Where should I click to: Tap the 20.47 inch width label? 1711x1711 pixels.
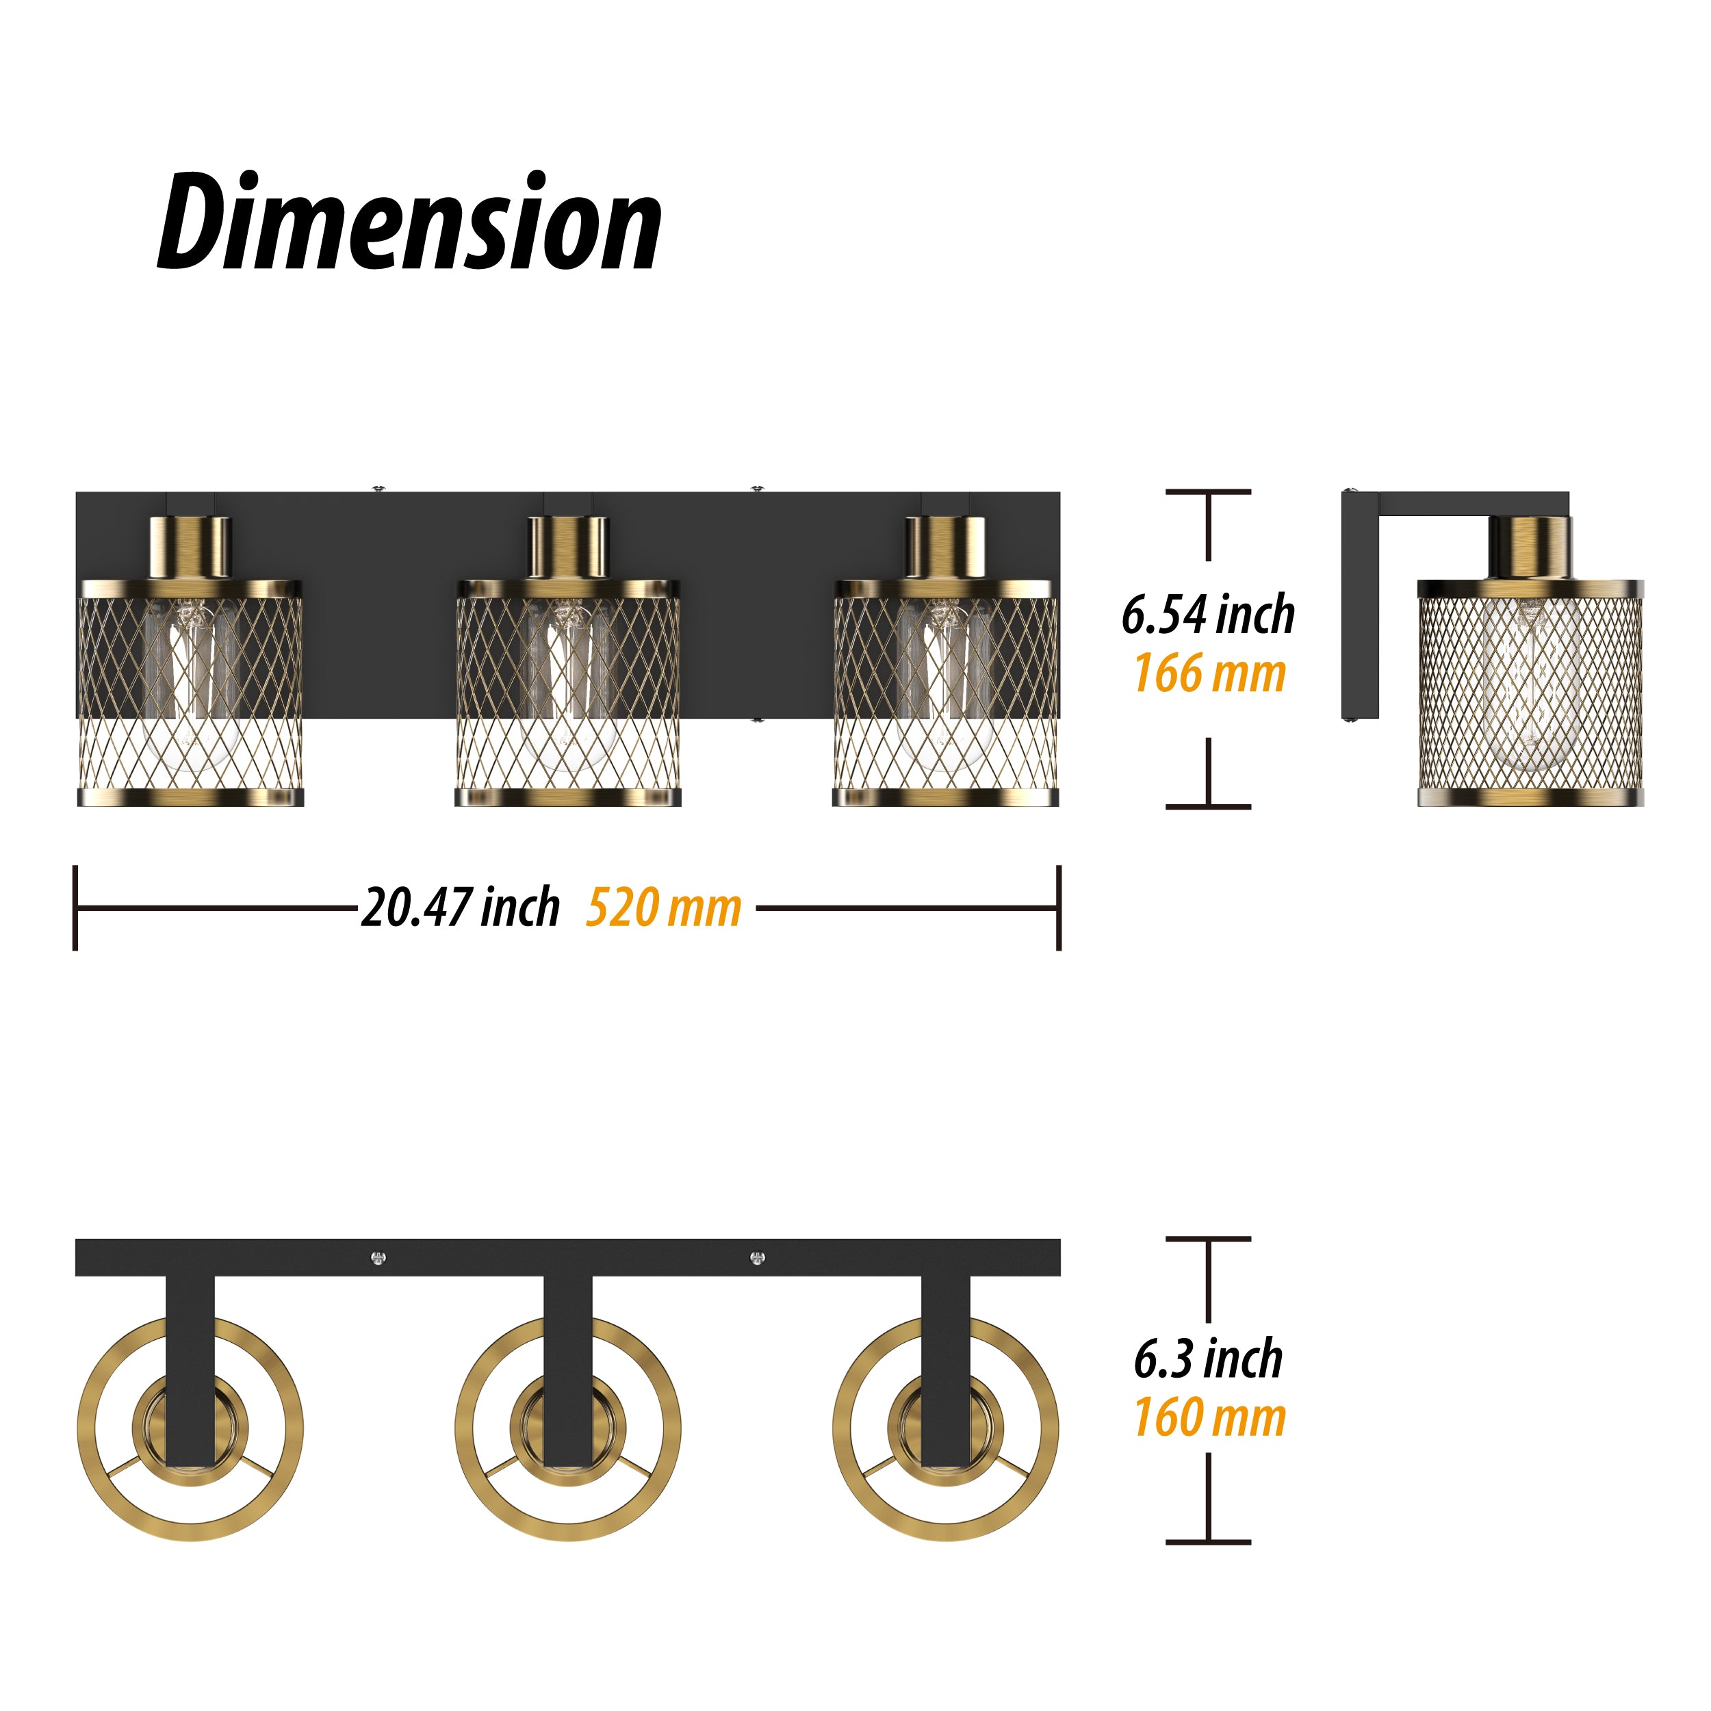(460, 908)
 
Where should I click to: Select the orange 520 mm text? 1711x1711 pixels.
(663, 908)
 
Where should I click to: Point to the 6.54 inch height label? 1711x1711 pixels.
(1208, 615)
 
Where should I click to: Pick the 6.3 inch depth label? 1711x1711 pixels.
(1208, 1359)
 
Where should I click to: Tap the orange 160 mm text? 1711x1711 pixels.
(1210, 1418)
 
